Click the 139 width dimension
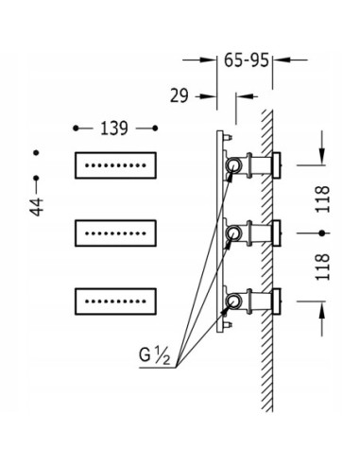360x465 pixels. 114,129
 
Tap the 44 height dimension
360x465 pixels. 37,207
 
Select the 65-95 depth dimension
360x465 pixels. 247,60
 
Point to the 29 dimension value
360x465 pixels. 179,95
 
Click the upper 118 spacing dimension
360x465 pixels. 323,199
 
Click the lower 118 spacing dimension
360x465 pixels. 323,267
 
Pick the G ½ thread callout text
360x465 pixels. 154,356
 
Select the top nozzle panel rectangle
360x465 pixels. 115,165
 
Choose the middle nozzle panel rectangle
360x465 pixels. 115,233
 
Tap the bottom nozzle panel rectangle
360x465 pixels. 115,301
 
